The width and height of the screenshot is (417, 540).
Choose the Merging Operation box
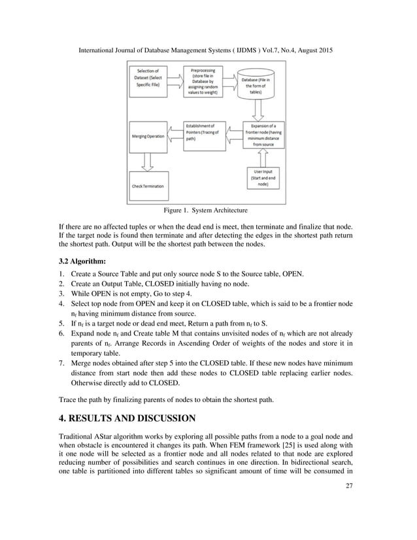click(147, 136)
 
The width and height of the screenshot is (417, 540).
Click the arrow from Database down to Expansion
click(262, 109)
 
